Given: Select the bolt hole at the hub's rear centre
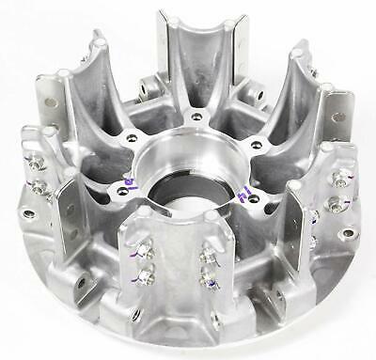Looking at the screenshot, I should click(196, 116).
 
